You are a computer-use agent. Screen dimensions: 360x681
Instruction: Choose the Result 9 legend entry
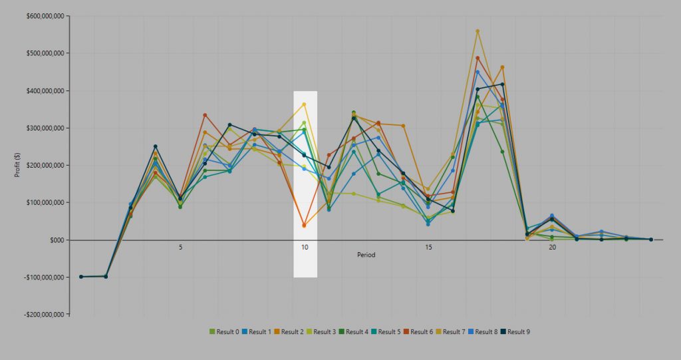518,331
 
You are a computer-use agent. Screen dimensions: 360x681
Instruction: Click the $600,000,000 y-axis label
42,16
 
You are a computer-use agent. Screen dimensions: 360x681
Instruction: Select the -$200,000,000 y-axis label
41,315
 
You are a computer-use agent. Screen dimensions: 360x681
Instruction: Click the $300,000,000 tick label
42,128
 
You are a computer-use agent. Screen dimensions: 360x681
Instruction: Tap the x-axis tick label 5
180,248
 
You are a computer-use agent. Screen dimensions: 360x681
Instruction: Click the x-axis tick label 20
553,248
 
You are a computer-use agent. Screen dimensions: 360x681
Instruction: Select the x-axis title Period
366,254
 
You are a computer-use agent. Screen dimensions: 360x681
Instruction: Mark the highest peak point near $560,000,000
477,31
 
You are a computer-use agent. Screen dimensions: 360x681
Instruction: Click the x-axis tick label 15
428,248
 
